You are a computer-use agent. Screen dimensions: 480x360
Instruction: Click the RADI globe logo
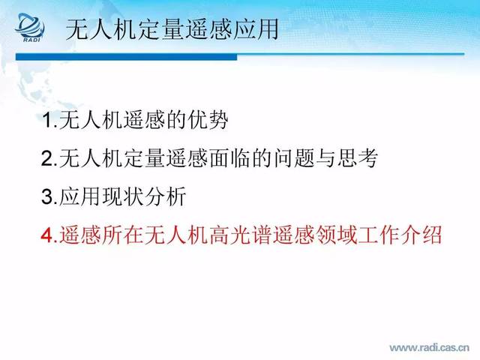pyautogui.click(x=30, y=27)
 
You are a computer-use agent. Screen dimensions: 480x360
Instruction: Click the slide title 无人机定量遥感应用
pyautogui.click(x=172, y=29)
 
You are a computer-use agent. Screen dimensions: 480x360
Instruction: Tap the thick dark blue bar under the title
pyautogui.click(x=126, y=57)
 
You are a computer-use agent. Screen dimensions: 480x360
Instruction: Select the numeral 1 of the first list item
pyautogui.click(x=47, y=120)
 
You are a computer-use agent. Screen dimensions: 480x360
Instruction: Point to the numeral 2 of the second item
pyautogui.click(x=47, y=158)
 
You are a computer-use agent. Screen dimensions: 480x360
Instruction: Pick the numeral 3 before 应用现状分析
pyautogui.click(x=47, y=196)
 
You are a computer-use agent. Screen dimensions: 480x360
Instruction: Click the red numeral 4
pyautogui.click(x=47, y=235)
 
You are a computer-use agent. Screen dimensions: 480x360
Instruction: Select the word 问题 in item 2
pyautogui.click(x=293, y=158)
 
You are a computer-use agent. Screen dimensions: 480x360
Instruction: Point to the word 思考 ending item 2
pyautogui.click(x=358, y=158)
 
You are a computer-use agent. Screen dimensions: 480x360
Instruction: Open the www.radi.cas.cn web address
pyautogui.click(x=429, y=348)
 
